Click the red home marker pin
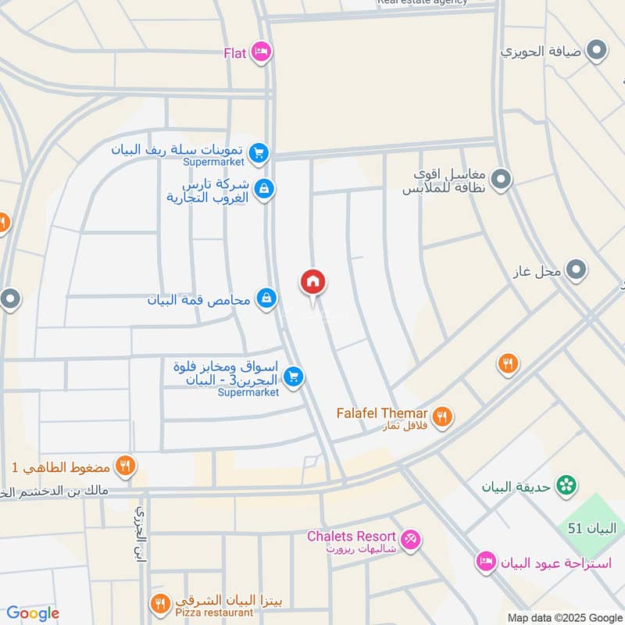(312, 283)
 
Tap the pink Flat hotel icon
(261, 52)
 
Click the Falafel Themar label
(382, 412)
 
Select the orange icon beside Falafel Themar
(442, 416)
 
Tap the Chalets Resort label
(352, 537)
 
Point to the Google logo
(33, 613)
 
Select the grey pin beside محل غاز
(577, 270)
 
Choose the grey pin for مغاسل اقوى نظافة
(501, 179)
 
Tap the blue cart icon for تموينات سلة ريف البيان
(260, 153)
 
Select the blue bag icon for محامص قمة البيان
(267, 298)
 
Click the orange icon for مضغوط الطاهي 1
(125, 467)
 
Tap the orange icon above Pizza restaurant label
(160, 602)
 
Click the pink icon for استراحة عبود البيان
(486, 562)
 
